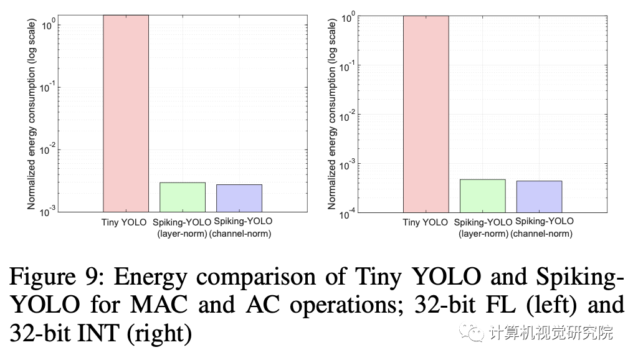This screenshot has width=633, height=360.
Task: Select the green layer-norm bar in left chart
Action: coord(182,197)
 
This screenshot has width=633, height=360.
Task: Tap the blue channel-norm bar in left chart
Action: coord(239,198)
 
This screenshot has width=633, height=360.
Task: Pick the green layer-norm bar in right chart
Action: coord(482,196)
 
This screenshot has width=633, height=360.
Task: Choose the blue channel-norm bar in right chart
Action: coord(539,196)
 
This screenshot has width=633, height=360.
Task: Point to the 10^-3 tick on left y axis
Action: coord(48,212)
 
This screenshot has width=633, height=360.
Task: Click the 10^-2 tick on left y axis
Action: coord(48,149)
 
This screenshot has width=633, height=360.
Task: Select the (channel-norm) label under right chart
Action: coord(541,234)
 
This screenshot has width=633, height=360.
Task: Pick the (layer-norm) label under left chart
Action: coord(183,234)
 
